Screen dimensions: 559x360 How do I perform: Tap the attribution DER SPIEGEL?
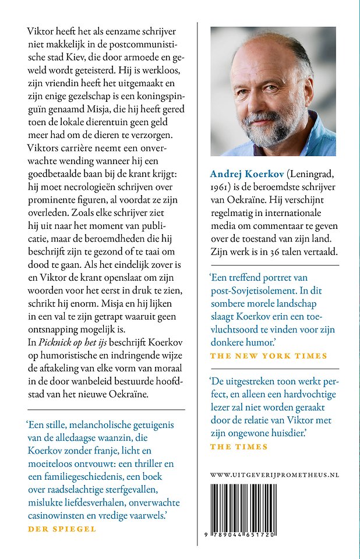click(62, 529)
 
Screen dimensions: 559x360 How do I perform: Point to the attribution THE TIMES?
click(238, 447)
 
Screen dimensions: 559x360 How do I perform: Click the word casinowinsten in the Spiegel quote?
click(54, 515)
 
